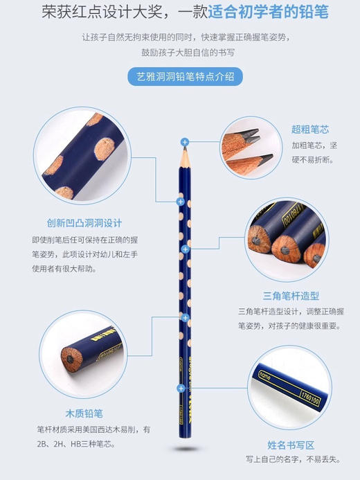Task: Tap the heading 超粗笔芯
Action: (x=309, y=130)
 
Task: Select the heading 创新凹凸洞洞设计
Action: (x=75, y=223)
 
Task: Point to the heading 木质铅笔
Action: (x=84, y=414)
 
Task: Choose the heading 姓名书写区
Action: (x=291, y=445)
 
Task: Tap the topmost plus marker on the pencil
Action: (x=185, y=141)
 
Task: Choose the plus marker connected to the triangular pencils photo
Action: (x=185, y=248)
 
